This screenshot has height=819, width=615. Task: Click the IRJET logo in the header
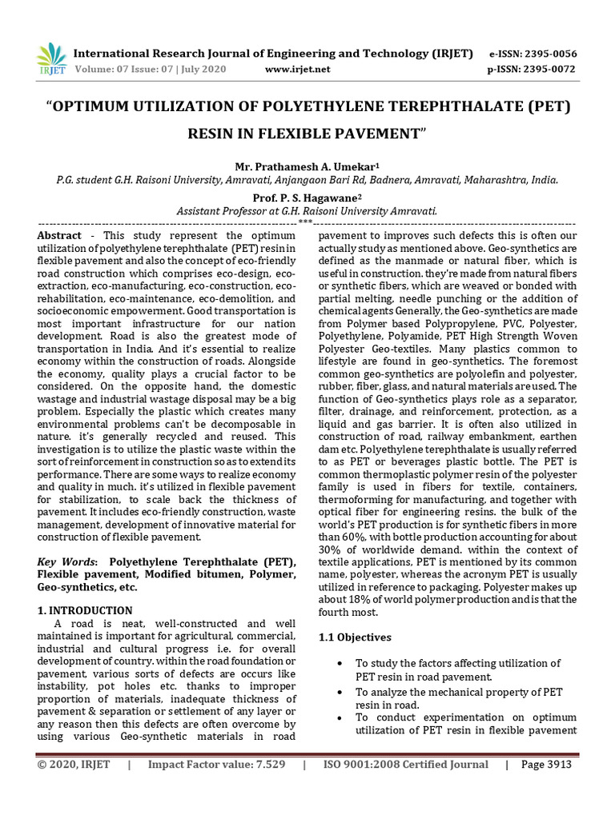51,60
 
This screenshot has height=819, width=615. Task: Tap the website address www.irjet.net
297,69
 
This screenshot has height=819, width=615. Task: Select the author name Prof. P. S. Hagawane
307,198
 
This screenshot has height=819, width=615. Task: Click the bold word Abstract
60,236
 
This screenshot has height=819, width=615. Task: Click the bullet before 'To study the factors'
343,664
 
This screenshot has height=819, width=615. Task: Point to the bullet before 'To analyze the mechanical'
343,692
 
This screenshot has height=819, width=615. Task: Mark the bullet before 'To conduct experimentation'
343,718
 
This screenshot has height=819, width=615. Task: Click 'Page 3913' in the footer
546,765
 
